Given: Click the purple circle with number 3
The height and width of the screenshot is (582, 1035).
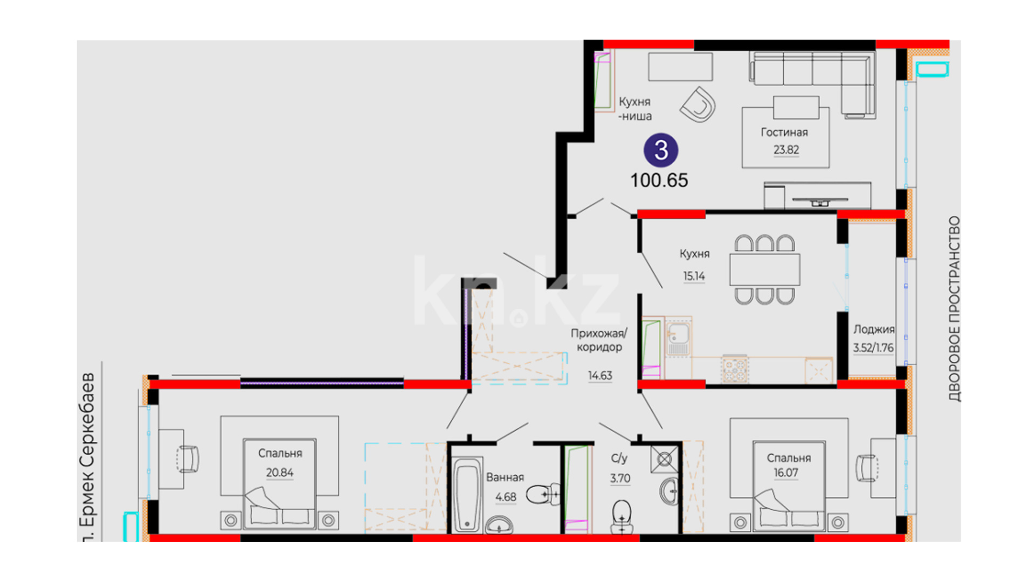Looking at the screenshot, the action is pos(661,150).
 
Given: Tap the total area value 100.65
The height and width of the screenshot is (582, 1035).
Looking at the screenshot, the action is pos(659,180).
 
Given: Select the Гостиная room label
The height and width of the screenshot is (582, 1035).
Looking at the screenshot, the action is pos(784,132).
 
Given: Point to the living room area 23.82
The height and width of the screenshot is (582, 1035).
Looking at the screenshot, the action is pos(786,150).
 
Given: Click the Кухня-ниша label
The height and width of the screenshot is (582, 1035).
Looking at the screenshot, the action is pos(635,108).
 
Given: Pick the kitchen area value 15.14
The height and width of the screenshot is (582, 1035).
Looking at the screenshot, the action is pos(694,276).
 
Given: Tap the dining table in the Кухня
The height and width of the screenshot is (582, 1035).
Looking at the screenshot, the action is pos(764,269).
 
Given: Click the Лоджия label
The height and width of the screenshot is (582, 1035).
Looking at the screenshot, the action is pos(874,329).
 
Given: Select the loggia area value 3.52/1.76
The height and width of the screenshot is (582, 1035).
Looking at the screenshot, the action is pos(873,348).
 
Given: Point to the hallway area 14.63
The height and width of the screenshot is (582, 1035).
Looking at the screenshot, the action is pos(600,375).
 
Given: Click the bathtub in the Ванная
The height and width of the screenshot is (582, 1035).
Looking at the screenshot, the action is pos(467,495).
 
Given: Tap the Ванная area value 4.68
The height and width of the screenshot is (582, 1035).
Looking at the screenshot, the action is pos(506,497).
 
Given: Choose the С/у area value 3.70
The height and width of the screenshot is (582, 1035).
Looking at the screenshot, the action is pos(620,478).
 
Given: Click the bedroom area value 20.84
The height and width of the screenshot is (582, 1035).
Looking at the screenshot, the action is pos(280,473).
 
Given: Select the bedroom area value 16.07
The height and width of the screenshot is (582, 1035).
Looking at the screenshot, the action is pos(786,473).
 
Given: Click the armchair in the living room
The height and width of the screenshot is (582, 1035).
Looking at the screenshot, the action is pos(698,105).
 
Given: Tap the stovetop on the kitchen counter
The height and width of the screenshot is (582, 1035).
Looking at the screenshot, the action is pos(734,370).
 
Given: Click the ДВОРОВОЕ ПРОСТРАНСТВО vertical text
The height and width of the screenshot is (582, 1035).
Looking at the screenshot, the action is pos(954,309).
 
